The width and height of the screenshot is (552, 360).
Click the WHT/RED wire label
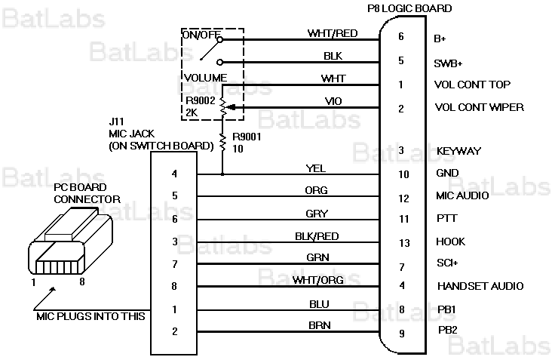tap(333, 33)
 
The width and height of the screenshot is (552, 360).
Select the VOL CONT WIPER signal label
tap(479, 107)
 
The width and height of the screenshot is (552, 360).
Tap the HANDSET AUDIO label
tap(480, 286)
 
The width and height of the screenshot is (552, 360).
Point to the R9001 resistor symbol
tap(222, 141)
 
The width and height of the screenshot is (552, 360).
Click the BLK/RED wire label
tap(317, 235)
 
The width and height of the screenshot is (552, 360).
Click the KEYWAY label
tap(458, 151)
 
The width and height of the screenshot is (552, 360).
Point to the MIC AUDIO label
tap(462, 196)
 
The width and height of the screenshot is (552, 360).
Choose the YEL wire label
tap(315, 168)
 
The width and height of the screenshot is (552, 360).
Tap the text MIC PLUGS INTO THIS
tap(90, 316)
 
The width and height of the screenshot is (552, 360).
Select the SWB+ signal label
tap(448, 63)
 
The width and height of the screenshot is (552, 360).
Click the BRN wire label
tap(317, 325)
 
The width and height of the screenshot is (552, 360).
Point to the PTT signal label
tap(446, 219)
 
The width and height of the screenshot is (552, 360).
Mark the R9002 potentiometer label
tap(199, 100)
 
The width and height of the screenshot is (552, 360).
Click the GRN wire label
tap(317, 257)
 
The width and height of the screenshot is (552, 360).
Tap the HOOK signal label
tap(450, 242)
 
